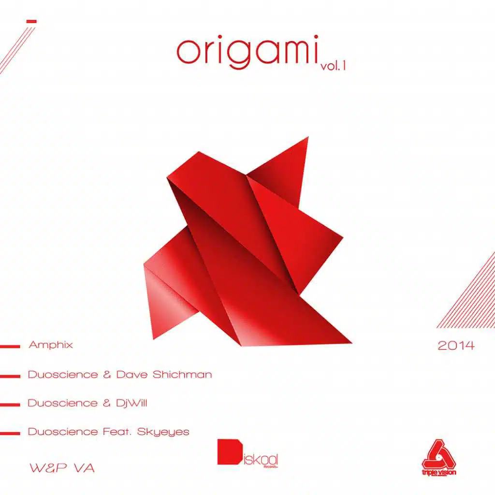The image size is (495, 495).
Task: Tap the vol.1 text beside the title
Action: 334,67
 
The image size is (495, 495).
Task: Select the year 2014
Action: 456,346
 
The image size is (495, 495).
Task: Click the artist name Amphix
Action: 51,345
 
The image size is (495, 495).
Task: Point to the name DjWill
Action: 131,403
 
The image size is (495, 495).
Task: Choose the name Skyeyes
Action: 163,432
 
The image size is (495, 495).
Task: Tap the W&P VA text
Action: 61,468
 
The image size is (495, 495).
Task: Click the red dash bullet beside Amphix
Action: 10,346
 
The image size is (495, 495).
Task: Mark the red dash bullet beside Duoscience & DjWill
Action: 10,404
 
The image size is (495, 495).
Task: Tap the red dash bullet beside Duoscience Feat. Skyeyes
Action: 10,433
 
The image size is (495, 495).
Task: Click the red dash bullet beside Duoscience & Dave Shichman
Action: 10,375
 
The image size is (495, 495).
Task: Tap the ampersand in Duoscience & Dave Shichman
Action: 107,375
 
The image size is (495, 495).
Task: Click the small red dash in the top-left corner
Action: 32,21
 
